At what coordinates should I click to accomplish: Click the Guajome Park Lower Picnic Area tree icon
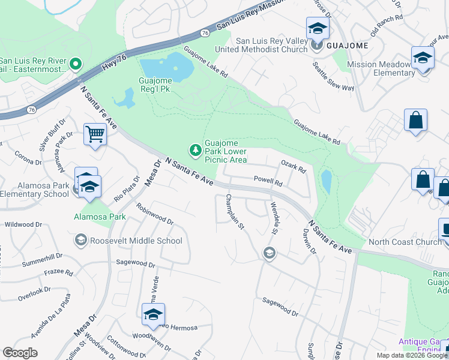194,149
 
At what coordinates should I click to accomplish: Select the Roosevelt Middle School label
136,241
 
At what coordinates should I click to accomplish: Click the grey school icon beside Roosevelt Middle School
80,241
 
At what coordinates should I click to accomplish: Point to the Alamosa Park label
100,216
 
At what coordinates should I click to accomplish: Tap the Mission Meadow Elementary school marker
423,59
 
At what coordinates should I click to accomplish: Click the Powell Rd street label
268,179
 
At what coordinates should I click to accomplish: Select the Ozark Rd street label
294,167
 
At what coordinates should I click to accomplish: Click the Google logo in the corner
20,353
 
